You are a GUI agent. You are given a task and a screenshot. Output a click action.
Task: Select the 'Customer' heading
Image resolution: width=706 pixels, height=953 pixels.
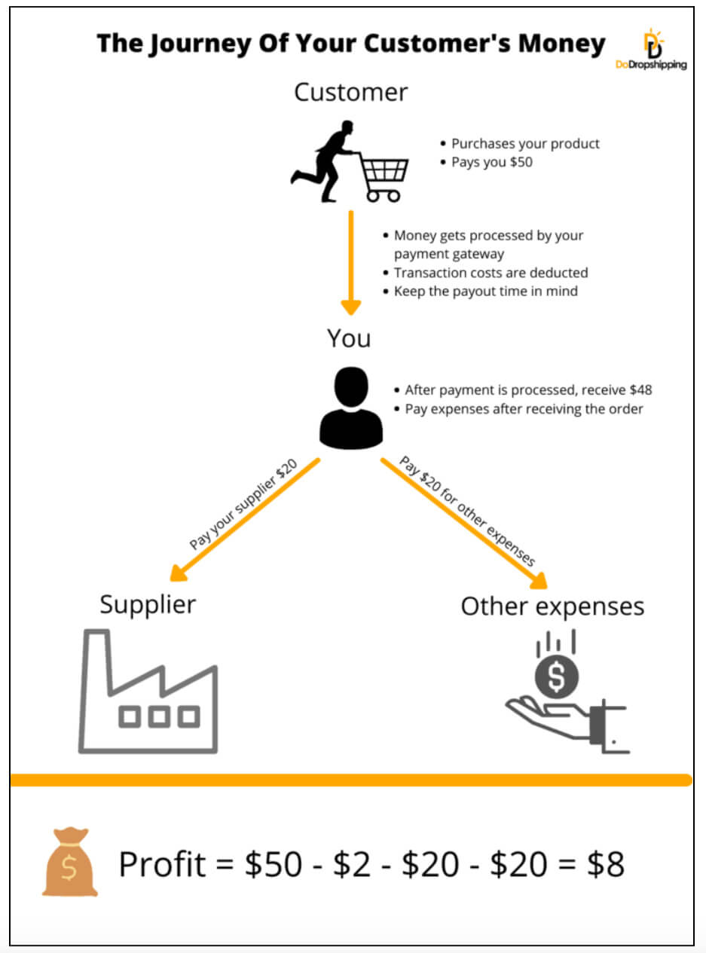[x=350, y=92]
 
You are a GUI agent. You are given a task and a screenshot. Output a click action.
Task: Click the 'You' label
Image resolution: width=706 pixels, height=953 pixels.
[x=349, y=338]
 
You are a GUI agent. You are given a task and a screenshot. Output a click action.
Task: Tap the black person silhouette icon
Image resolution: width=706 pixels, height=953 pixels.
[x=351, y=410]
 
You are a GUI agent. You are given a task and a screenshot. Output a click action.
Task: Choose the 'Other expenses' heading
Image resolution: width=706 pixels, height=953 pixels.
[x=552, y=606]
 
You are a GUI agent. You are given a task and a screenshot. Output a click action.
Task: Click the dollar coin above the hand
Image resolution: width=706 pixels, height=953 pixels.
[x=557, y=677]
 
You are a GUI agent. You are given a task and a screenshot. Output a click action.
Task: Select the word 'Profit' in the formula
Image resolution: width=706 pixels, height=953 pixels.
[x=162, y=865]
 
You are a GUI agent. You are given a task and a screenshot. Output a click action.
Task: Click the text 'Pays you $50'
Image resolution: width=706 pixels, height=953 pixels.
[x=491, y=162]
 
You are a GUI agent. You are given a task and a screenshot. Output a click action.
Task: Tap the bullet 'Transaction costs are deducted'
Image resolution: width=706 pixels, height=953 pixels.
[x=491, y=273]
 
